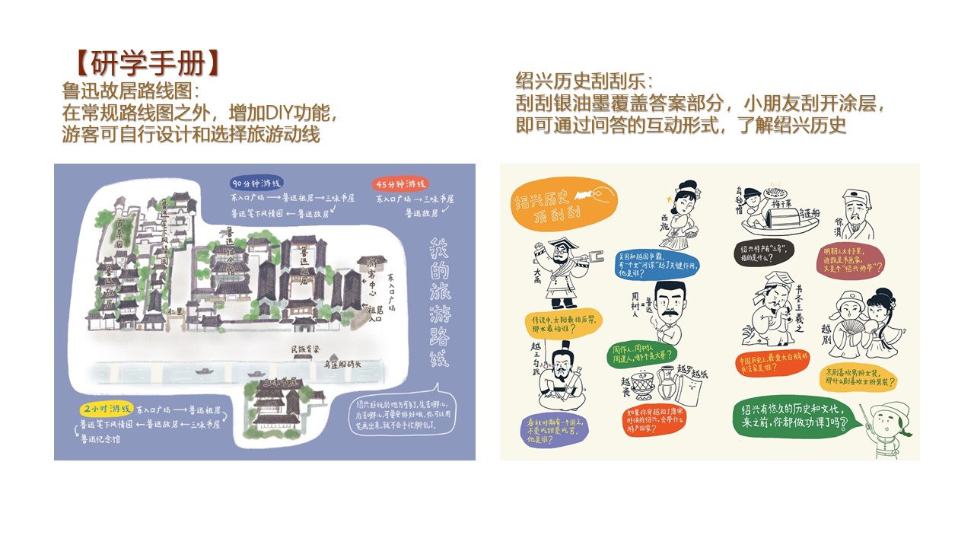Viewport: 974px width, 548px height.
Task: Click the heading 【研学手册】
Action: click(143, 63)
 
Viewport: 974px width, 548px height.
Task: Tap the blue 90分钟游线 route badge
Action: click(257, 183)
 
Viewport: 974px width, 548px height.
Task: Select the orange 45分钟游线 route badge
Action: click(400, 183)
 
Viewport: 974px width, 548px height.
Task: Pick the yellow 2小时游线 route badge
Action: click(106, 408)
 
